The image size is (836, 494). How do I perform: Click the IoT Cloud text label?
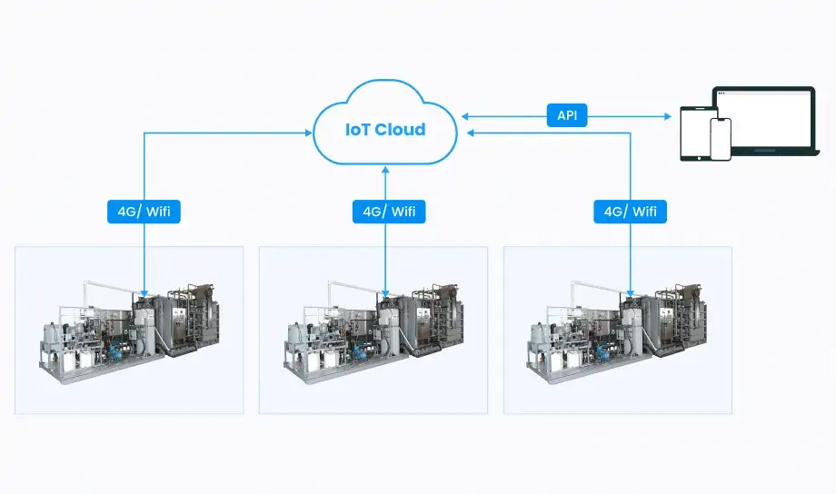[x=384, y=129]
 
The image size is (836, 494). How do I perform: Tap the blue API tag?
[x=567, y=115]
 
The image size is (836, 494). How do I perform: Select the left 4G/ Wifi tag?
[x=144, y=212]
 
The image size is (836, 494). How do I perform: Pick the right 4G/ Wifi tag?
[x=630, y=212]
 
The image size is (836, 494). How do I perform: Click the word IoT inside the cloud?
[x=357, y=129]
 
